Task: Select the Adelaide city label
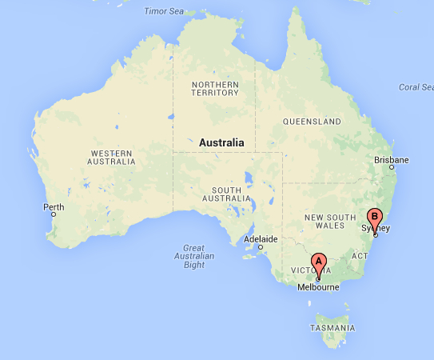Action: coord(261,239)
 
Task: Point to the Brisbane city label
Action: coord(392,160)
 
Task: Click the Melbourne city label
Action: coord(318,288)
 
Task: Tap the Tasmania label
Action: coord(333,328)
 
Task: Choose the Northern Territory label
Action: coord(214,88)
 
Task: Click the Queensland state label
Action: coord(312,122)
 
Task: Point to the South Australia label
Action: coord(233,193)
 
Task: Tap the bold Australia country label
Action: coord(221,142)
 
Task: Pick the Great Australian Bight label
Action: coord(194,256)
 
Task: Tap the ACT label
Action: coord(360,256)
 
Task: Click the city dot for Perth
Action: coord(54,214)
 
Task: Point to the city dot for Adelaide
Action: coord(260,246)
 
